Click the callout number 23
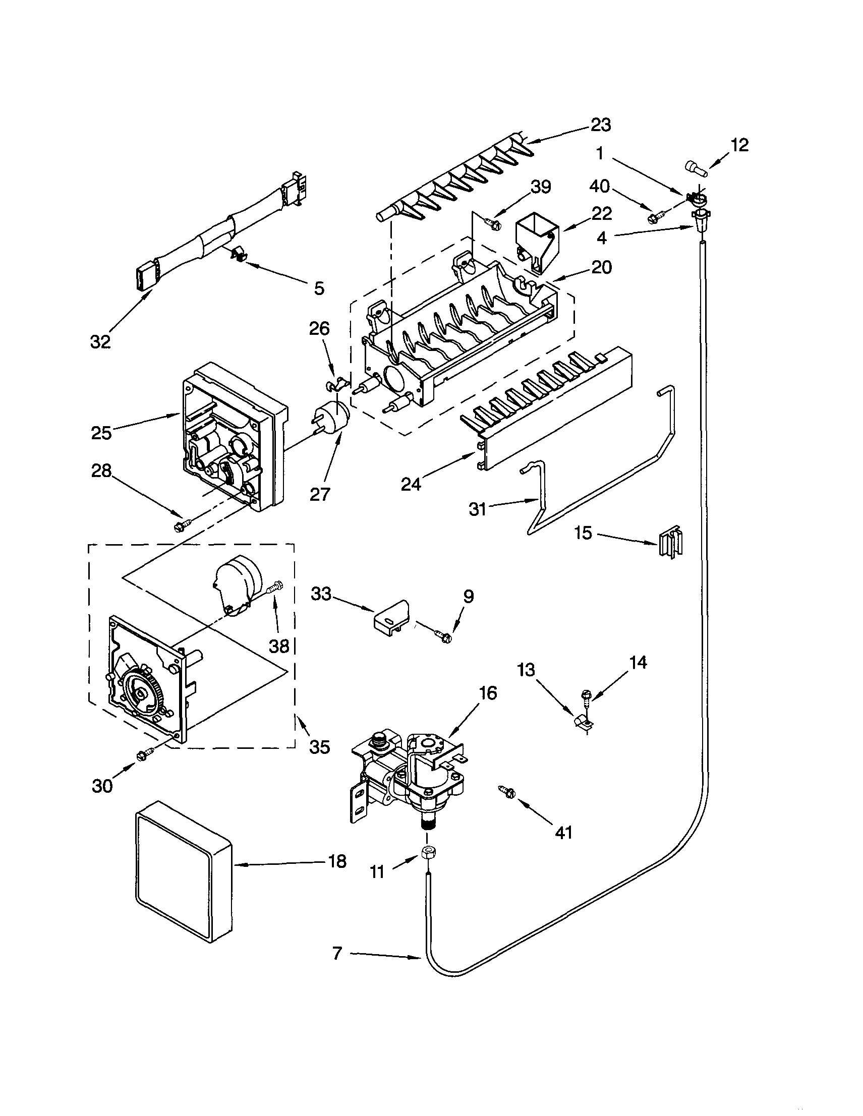pyautogui.click(x=600, y=125)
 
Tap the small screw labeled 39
pyautogui.click(x=493, y=224)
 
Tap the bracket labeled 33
pyautogui.click(x=391, y=619)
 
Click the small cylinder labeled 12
pyautogui.click(x=695, y=168)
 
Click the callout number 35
pyautogui.click(x=320, y=747)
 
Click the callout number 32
pyautogui.click(x=100, y=341)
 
